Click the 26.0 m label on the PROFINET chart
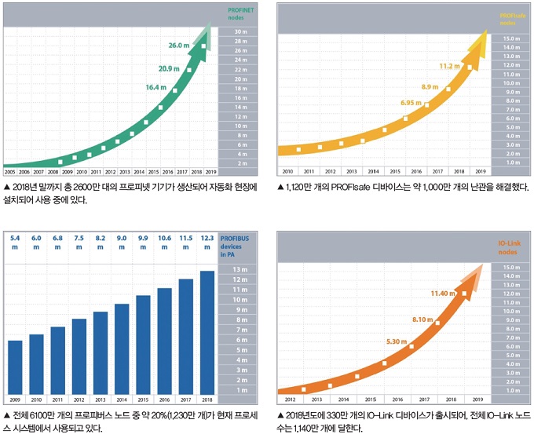[179, 46]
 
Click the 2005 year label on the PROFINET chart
[11, 170]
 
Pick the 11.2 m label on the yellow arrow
[449, 66]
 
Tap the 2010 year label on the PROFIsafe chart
[287, 170]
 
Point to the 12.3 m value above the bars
[207, 243]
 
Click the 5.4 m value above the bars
[15, 243]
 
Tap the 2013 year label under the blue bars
[100, 400]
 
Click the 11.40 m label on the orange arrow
[443, 294]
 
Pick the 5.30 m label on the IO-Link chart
[397, 341]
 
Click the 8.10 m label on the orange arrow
[422, 319]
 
